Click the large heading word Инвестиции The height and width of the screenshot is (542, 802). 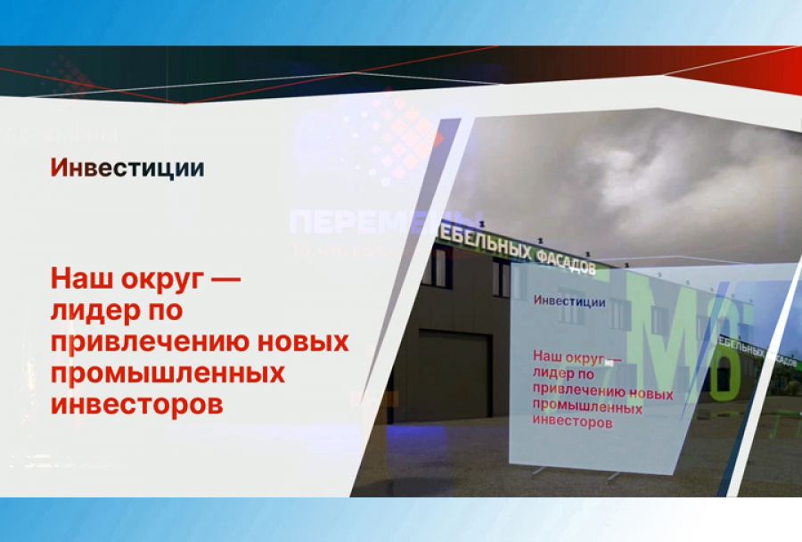127,168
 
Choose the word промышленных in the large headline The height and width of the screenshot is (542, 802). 168,374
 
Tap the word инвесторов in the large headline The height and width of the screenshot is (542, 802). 135,404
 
